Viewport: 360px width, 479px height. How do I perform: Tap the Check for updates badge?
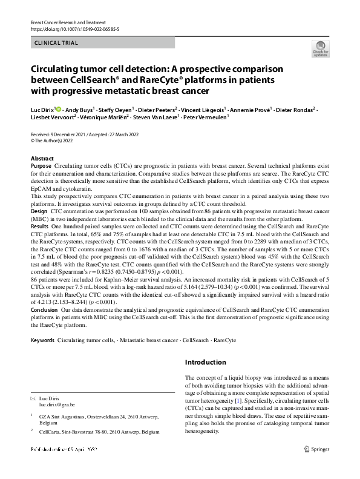319,49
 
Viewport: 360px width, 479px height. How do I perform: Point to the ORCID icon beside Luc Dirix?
59,109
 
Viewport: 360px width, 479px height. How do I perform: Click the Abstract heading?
42,158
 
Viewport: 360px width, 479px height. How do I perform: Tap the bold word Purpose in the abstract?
41,165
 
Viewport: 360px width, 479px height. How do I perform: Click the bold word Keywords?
42,341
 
